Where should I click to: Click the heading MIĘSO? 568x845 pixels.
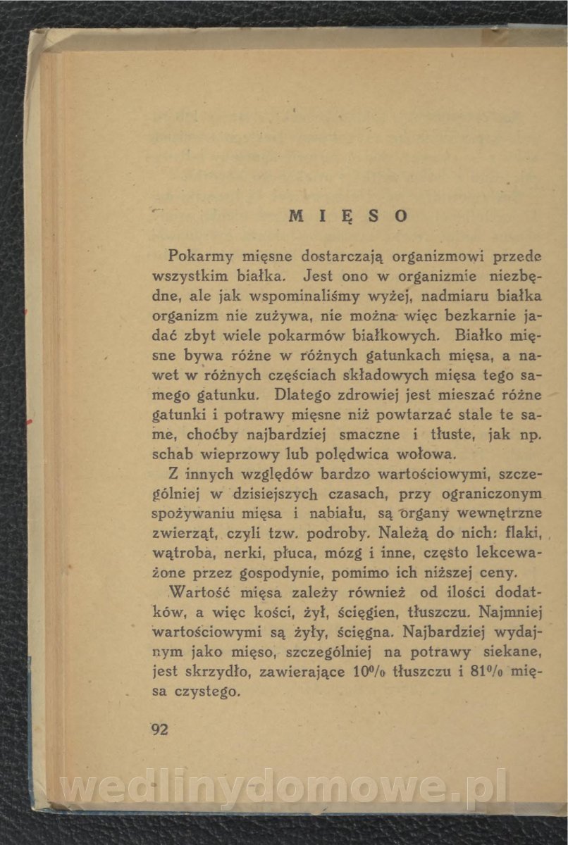click(348, 215)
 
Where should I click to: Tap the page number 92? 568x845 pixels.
click(159, 729)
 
